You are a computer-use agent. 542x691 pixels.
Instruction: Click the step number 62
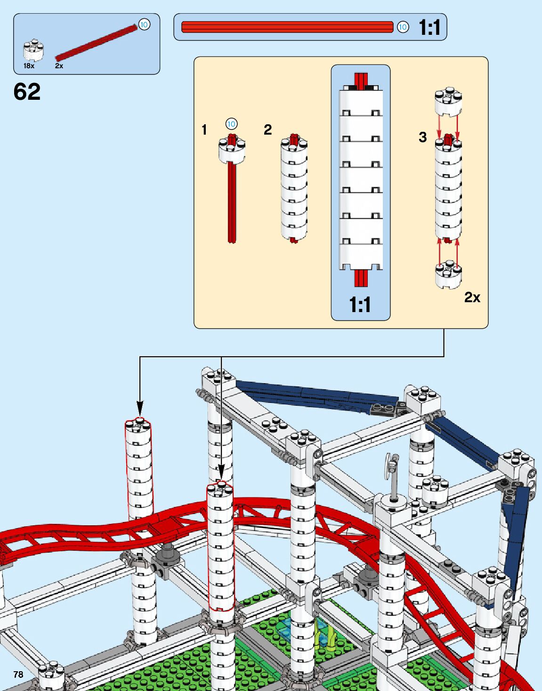27,92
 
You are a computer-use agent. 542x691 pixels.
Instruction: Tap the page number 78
18,675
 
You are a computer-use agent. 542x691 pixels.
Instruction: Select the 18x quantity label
29,66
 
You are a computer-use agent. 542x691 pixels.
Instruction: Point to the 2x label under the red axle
59,66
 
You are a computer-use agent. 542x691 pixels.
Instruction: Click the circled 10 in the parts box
144,24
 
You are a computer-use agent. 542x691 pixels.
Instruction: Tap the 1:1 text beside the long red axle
429,27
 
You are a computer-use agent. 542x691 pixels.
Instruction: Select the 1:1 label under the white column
360,305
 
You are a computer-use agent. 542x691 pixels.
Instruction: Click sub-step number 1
204,129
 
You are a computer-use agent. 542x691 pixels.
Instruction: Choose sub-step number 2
267,129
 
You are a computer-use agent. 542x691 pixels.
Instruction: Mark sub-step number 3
422,137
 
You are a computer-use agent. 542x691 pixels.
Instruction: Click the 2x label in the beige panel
472,297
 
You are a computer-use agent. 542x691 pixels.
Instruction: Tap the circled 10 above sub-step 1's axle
231,124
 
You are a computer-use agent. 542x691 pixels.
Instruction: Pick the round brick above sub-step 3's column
448,101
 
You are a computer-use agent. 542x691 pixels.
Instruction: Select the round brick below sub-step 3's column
448,274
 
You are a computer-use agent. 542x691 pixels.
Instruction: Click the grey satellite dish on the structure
391,466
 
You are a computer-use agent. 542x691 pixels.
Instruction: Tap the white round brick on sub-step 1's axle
232,150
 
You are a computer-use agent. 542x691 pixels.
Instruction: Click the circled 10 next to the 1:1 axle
403,27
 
